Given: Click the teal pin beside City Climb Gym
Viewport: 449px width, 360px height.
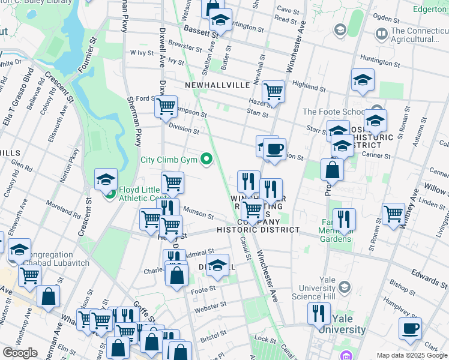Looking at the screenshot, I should pos(207,160).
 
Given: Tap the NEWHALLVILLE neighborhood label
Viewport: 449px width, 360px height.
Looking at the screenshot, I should pos(217,86).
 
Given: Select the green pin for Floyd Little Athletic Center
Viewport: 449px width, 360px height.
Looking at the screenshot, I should pos(110,194).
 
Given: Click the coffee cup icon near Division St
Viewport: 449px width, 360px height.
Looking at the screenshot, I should pos(274,149).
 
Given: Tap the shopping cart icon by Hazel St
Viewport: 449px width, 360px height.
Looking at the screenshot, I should pos(273,92).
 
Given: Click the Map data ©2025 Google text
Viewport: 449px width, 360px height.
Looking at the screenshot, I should pos(412,355).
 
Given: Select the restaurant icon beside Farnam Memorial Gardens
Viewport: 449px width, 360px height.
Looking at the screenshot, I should pos(344,220).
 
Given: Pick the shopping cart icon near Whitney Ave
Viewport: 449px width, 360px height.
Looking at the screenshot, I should pos(394,214).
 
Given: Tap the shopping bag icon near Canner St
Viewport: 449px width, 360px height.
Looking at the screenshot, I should pos(332,170).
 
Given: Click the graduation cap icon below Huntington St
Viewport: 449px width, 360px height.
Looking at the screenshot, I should pos(363,80).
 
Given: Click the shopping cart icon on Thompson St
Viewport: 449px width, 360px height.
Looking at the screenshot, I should pos(166,107).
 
